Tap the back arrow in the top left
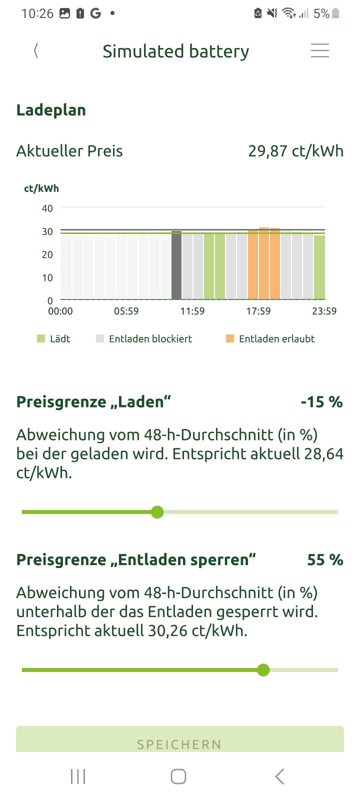(x=36, y=50)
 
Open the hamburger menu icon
(x=319, y=50)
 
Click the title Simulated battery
(x=175, y=51)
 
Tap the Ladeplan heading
(x=51, y=110)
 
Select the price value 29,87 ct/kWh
(x=295, y=150)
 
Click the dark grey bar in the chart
(x=176, y=265)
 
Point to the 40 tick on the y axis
(x=47, y=208)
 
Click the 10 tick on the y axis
(x=47, y=277)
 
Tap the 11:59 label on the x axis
(x=192, y=311)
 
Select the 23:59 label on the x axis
(x=324, y=311)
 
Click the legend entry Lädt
(x=54, y=338)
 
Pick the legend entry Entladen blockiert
(x=144, y=338)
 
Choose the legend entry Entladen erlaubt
(x=270, y=338)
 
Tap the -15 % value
(x=321, y=402)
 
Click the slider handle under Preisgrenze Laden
(x=157, y=512)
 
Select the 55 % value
(x=325, y=559)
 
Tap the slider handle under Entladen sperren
(x=263, y=670)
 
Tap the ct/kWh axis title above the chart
(x=41, y=188)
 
